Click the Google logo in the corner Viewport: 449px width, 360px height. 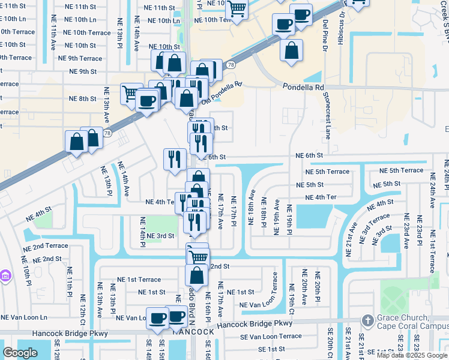coord(20,353)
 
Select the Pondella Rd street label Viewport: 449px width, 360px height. coord(303,87)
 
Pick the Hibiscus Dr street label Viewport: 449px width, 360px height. coord(343,24)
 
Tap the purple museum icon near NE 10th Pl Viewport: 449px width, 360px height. coord(5,276)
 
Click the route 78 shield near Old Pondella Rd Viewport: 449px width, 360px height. coord(231,64)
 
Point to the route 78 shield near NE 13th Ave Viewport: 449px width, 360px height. coord(107,133)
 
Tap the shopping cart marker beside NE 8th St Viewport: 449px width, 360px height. coord(130,93)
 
